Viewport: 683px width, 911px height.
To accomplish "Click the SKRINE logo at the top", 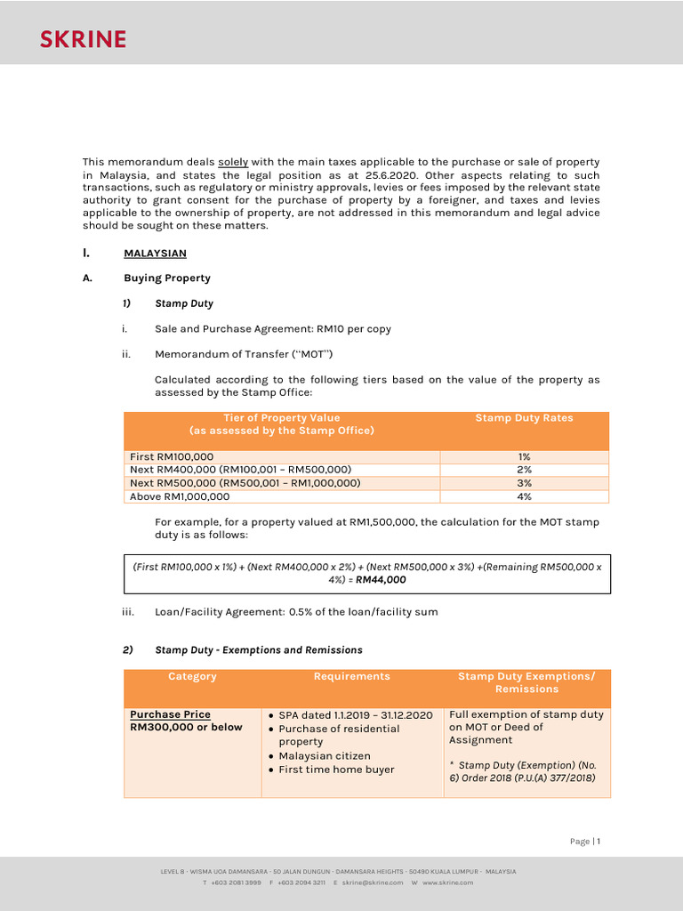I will pyautogui.click(x=83, y=38).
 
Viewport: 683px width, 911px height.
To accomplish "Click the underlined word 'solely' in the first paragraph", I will pyautogui.click(x=233, y=162).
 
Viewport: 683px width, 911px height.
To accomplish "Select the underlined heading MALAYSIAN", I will pyautogui.click(x=155, y=254).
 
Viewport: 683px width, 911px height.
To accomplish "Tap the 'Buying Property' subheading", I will pyautogui.click(x=166, y=278).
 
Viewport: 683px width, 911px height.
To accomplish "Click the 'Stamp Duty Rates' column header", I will pyautogui.click(x=524, y=418).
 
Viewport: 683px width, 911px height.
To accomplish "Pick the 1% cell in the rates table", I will pyautogui.click(x=524, y=457).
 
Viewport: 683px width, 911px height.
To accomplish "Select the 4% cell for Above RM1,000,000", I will pyautogui.click(x=524, y=497).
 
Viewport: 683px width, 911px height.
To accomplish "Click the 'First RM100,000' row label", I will pyautogui.click(x=172, y=457).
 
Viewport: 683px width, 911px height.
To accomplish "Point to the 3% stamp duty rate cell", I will pyautogui.click(x=524, y=484).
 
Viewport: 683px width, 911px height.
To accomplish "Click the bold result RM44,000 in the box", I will pyautogui.click(x=381, y=580).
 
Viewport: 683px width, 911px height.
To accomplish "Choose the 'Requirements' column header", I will pyautogui.click(x=351, y=677).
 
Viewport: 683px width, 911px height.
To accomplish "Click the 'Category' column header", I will pyautogui.click(x=192, y=677).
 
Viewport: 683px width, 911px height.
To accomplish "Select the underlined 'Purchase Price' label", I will pyautogui.click(x=170, y=714).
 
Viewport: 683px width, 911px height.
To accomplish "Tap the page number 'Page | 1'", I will pyautogui.click(x=585, y=842).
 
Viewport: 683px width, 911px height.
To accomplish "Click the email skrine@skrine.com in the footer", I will pyautogui.click(x=372, y=883).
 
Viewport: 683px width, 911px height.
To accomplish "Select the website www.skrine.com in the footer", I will pyautogui.click(x=447, y=883).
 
